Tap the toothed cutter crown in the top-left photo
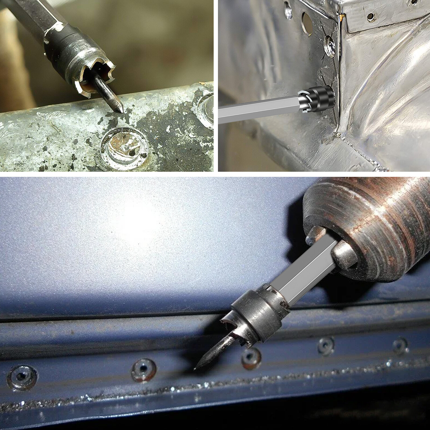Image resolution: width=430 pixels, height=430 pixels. pyautogui.click(x=97, y=73)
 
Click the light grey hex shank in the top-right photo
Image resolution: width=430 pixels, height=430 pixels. pyautogui.click(x=258, y=107)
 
